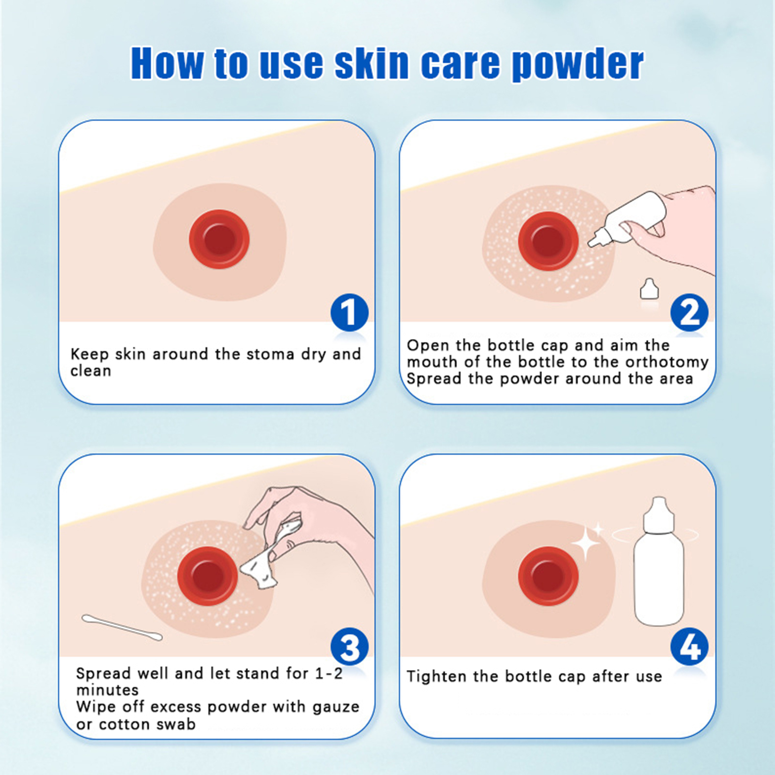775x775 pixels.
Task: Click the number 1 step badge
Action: point(349,312)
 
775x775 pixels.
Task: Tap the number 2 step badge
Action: point(689,312)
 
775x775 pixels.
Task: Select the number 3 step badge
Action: point(349,647)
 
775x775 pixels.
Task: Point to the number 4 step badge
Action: point(689,647)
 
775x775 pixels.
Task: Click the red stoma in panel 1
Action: point(219,239)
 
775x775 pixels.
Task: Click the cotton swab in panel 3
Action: point(122,627)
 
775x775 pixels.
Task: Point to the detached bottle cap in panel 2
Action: point(650,289)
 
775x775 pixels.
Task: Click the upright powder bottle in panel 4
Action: point(659,562)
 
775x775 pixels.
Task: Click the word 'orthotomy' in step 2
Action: point(667,362)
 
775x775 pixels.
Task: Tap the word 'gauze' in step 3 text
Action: point(336,707)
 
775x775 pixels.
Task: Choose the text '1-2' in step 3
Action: point(328,673)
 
